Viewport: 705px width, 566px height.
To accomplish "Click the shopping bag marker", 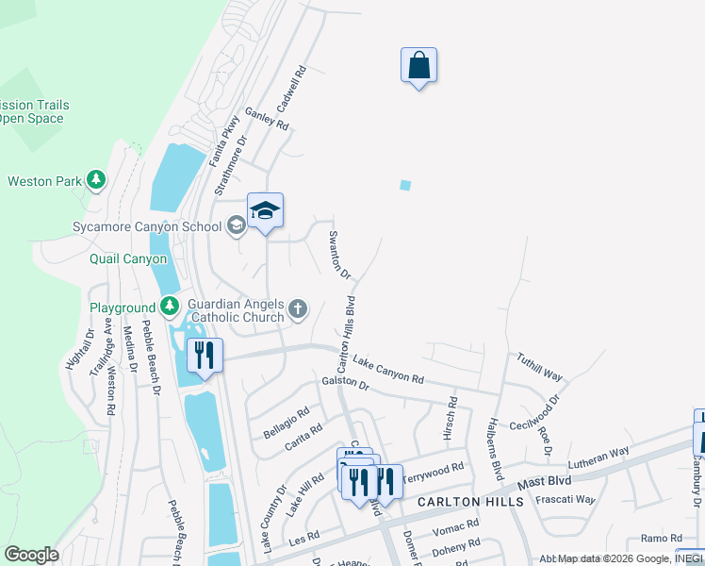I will pyautogui.click(x=418, y=66).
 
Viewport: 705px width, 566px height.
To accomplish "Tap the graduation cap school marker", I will pyautogui.click(x=265, y=211).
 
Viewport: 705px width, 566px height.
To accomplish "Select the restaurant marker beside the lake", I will pyautogui.click(x=205, y=356).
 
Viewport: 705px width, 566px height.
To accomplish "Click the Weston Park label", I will pyautogui.click(x=46, y=180).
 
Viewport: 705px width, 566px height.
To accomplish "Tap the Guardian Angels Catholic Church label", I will pyautogui.click(x=236, y=310).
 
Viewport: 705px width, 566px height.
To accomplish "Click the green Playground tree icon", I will pyautogui.click(x=169, y=306).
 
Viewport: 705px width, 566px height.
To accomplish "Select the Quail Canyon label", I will pyautogui.click(x=128, y=258).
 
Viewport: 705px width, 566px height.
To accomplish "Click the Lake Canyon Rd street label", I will pyautogui.click(x=387, y=369).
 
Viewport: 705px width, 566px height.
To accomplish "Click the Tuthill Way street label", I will pyautogui.click(x=539, y=367).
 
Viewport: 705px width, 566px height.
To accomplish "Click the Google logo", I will pyautogui.click(x=31, y=555).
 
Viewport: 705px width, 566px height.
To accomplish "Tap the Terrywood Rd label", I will pyautogui.click(x=434, y=473).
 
